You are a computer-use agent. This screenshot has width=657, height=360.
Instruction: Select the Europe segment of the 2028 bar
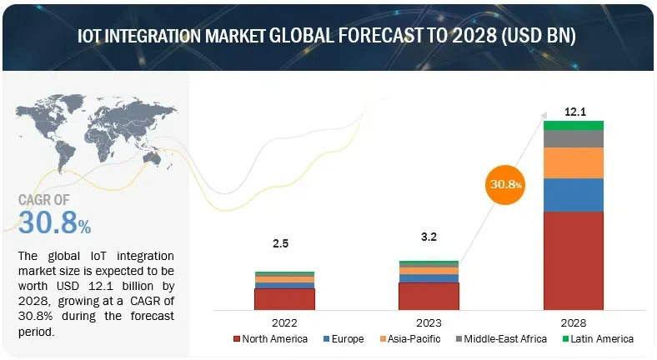pyautogui.click(x=573, y=195)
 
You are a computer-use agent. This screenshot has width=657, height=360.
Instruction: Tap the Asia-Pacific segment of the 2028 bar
pyautogui.click(x=573, y=162)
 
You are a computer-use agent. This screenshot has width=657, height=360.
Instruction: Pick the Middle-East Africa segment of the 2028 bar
pyautogui.click(x=573, y=138)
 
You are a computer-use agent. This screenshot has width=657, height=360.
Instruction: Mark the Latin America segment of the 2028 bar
pyautogui.click(x=573, y=125)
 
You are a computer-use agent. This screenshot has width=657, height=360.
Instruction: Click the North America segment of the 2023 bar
pyautogui.click(x=429, y=296)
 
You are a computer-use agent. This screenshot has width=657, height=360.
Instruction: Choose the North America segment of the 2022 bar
pyautogui.click(x=284, y=298)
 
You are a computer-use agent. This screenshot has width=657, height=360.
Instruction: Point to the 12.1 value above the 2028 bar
pyautogui.click(x=573, y=111)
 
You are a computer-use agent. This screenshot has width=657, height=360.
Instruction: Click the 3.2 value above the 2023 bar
pyautogui.click(x=429, y=237)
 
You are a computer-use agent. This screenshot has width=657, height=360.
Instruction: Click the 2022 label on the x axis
pyautogui.click(x=284, y=321)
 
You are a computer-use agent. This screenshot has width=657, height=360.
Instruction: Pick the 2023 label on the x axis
pyautogui.click(x=429, y=321)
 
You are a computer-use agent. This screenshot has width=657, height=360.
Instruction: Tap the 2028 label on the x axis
pyautogui.click(x=573, y=321)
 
